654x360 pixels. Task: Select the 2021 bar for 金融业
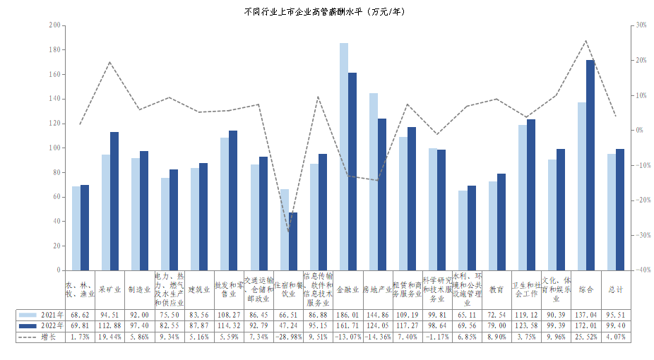[x=344, y=157]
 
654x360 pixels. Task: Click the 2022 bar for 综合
[x=590, y=165]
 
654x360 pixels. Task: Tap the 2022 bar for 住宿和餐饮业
[x=293, y=241]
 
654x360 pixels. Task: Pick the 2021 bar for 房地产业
[x=374, y=181]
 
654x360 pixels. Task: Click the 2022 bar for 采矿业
[x=114, y=201]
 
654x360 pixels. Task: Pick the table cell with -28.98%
[x=288, y=337]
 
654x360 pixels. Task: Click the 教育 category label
[x=496, y=289]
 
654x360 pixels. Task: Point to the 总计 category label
[x=616, y=289]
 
